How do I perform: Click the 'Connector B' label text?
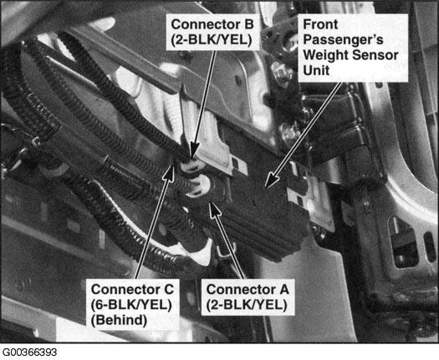[x=212, y=24]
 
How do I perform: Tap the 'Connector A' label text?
[x=248, y=289]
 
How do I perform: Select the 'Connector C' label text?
[x=132, y=289]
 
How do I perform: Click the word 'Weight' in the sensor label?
[x=325, y=55]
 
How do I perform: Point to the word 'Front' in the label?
[x=320, y=24]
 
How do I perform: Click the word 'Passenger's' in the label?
[x=343, y=40]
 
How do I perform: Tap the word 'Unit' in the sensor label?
[x=316, y=70]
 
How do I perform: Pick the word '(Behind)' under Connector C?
[x=119, y=320]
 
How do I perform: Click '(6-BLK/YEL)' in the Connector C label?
[x=131, y=305]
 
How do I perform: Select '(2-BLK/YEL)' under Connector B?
[x=212, y=40]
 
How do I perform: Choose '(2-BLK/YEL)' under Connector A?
[x=247, y=305]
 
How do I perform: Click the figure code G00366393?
[x=29, y=352]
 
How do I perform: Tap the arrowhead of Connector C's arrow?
[x=170, y=170]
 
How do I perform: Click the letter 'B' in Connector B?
[x=249, y=24]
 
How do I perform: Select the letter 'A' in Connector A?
[x=283, y=289]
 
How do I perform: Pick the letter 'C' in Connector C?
[x=169, y=289]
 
